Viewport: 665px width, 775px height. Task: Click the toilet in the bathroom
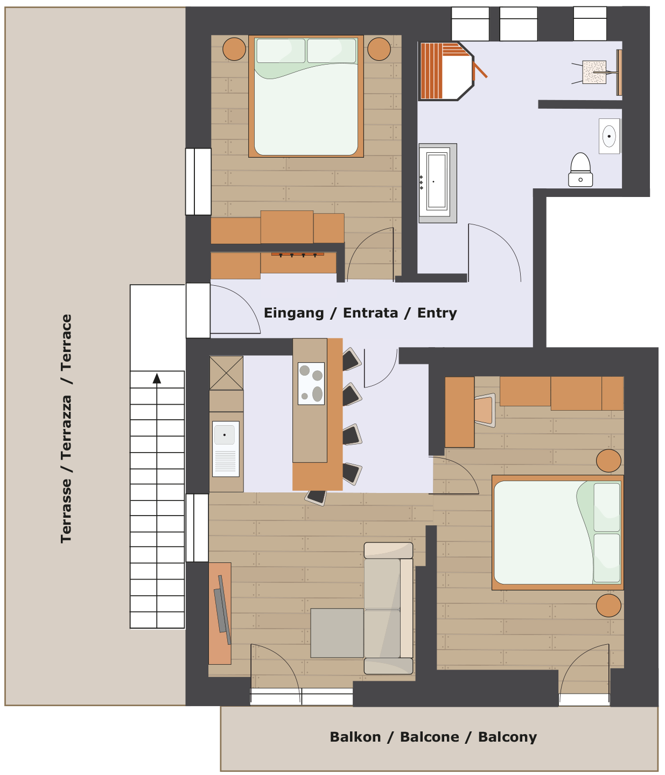pos(580,170)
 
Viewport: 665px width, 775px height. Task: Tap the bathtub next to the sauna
pos(437,183)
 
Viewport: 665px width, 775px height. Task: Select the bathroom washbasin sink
pos(609,136)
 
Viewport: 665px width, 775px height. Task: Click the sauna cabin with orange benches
pos(446,71)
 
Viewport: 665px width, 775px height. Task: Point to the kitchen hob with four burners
pos(311,383)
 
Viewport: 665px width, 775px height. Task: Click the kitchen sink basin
pos(226,448)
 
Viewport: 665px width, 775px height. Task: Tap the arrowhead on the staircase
pos(157,378)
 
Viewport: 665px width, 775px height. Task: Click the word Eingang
pos(293,313)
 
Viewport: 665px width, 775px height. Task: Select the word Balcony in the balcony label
pos(507,737)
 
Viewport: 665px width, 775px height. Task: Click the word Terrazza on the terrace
pos(66,427)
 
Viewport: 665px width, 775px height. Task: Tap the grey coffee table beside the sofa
pos(337,632)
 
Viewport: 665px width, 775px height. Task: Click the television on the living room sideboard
pos(222,610)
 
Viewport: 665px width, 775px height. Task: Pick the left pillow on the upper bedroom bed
pos(281,50)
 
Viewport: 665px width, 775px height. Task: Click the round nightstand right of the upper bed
pos(379,49)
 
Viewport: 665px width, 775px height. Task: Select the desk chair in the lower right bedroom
pos(485,410)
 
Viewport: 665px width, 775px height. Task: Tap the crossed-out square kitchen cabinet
pos(226,373)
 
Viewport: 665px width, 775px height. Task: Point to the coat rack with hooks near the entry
pos(297,255)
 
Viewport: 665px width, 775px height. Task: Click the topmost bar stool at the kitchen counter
pos(352,359)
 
